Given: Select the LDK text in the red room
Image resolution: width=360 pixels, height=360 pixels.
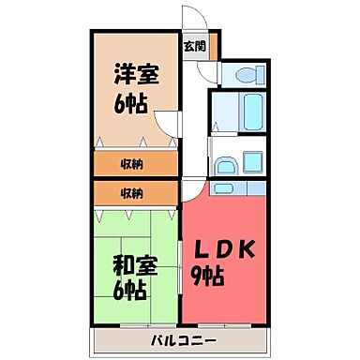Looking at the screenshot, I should click(224, 252).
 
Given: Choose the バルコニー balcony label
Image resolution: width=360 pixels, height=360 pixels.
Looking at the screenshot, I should click(182, 339).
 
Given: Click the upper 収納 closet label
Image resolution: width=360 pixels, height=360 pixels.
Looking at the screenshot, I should click(132, 164).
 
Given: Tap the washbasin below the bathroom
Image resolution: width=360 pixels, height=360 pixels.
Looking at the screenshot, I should click(226, 166).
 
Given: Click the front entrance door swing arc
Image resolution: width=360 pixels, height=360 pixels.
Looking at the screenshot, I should click(191, 19).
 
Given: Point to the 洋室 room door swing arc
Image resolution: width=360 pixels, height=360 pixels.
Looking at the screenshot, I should click(167, 122).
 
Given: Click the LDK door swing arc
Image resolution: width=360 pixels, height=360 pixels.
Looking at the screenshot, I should click(190, 187).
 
